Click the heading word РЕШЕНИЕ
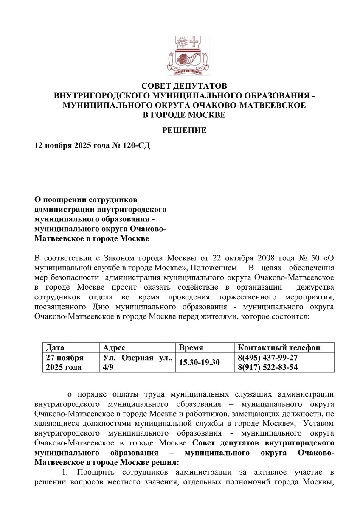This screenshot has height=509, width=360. (185, 130)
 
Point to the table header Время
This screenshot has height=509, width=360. (191, 347)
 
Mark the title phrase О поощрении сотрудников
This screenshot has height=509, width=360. (86, 199)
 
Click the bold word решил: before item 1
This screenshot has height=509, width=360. (166, 462)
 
